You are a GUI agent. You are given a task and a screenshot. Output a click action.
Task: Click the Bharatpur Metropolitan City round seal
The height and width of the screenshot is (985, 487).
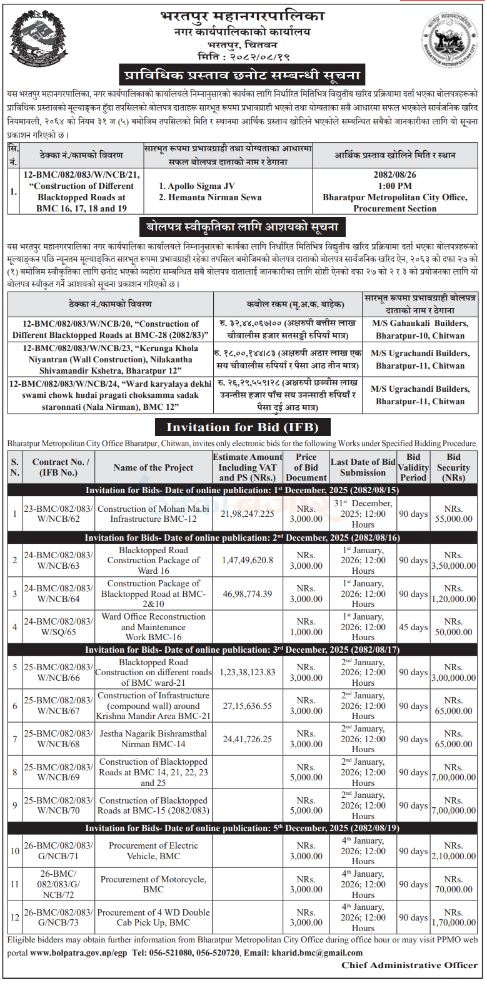click(446, 38)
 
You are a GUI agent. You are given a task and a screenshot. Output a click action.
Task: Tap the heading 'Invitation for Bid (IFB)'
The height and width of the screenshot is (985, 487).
click(243, 427)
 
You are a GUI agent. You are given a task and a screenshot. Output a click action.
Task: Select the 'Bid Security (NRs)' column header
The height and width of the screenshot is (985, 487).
click(453, 467)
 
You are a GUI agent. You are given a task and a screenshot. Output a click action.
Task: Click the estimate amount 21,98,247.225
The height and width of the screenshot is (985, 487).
click(247, 514)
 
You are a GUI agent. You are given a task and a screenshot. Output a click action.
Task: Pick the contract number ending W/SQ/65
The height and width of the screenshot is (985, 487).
click(58, 627)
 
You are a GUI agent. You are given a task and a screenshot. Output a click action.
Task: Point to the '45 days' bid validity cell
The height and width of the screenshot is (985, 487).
click(413, 627)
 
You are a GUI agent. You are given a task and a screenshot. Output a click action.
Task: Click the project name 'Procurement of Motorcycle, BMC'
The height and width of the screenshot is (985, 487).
click(153, 884)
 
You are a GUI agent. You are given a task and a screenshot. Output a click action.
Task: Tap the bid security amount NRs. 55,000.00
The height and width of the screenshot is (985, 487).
click(453, 514)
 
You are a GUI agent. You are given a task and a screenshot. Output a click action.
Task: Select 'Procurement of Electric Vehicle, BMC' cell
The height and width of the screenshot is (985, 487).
click(153, 850)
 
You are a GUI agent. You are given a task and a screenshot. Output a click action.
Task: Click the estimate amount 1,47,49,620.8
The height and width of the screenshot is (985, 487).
click(247, 560)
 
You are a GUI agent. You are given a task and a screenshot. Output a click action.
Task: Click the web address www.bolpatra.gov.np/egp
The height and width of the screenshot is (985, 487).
click(78, 953)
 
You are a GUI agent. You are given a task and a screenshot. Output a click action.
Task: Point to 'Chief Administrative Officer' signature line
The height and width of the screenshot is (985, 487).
click(409, 965)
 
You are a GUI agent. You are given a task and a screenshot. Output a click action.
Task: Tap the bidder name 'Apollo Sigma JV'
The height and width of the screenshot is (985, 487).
click(197, 186)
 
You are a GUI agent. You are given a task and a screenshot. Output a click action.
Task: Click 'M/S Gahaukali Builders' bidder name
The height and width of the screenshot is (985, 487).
click(419, 324)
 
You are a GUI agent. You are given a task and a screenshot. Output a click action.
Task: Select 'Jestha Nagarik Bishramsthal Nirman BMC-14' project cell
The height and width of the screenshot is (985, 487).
click(153, 738)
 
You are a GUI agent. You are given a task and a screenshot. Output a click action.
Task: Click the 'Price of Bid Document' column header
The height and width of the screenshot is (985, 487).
click(306, 467)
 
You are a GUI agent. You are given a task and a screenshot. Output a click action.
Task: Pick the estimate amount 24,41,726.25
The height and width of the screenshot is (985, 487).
click(247, 739)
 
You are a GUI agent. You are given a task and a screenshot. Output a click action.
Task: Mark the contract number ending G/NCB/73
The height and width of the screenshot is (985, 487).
click(58, 917)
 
